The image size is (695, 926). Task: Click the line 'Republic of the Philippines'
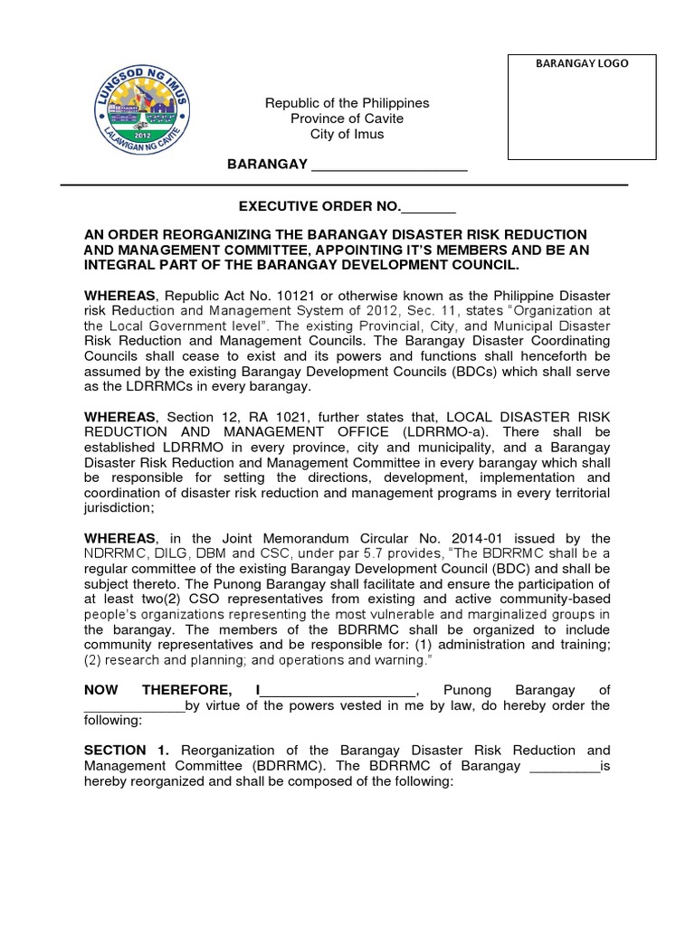coord(347,103)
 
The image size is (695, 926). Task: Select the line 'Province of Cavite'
coord(347,118)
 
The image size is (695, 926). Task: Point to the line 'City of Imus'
coord(347,134)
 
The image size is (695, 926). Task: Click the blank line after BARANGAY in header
coord(389,165)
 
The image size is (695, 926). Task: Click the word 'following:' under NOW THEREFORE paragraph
coord(113,721)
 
